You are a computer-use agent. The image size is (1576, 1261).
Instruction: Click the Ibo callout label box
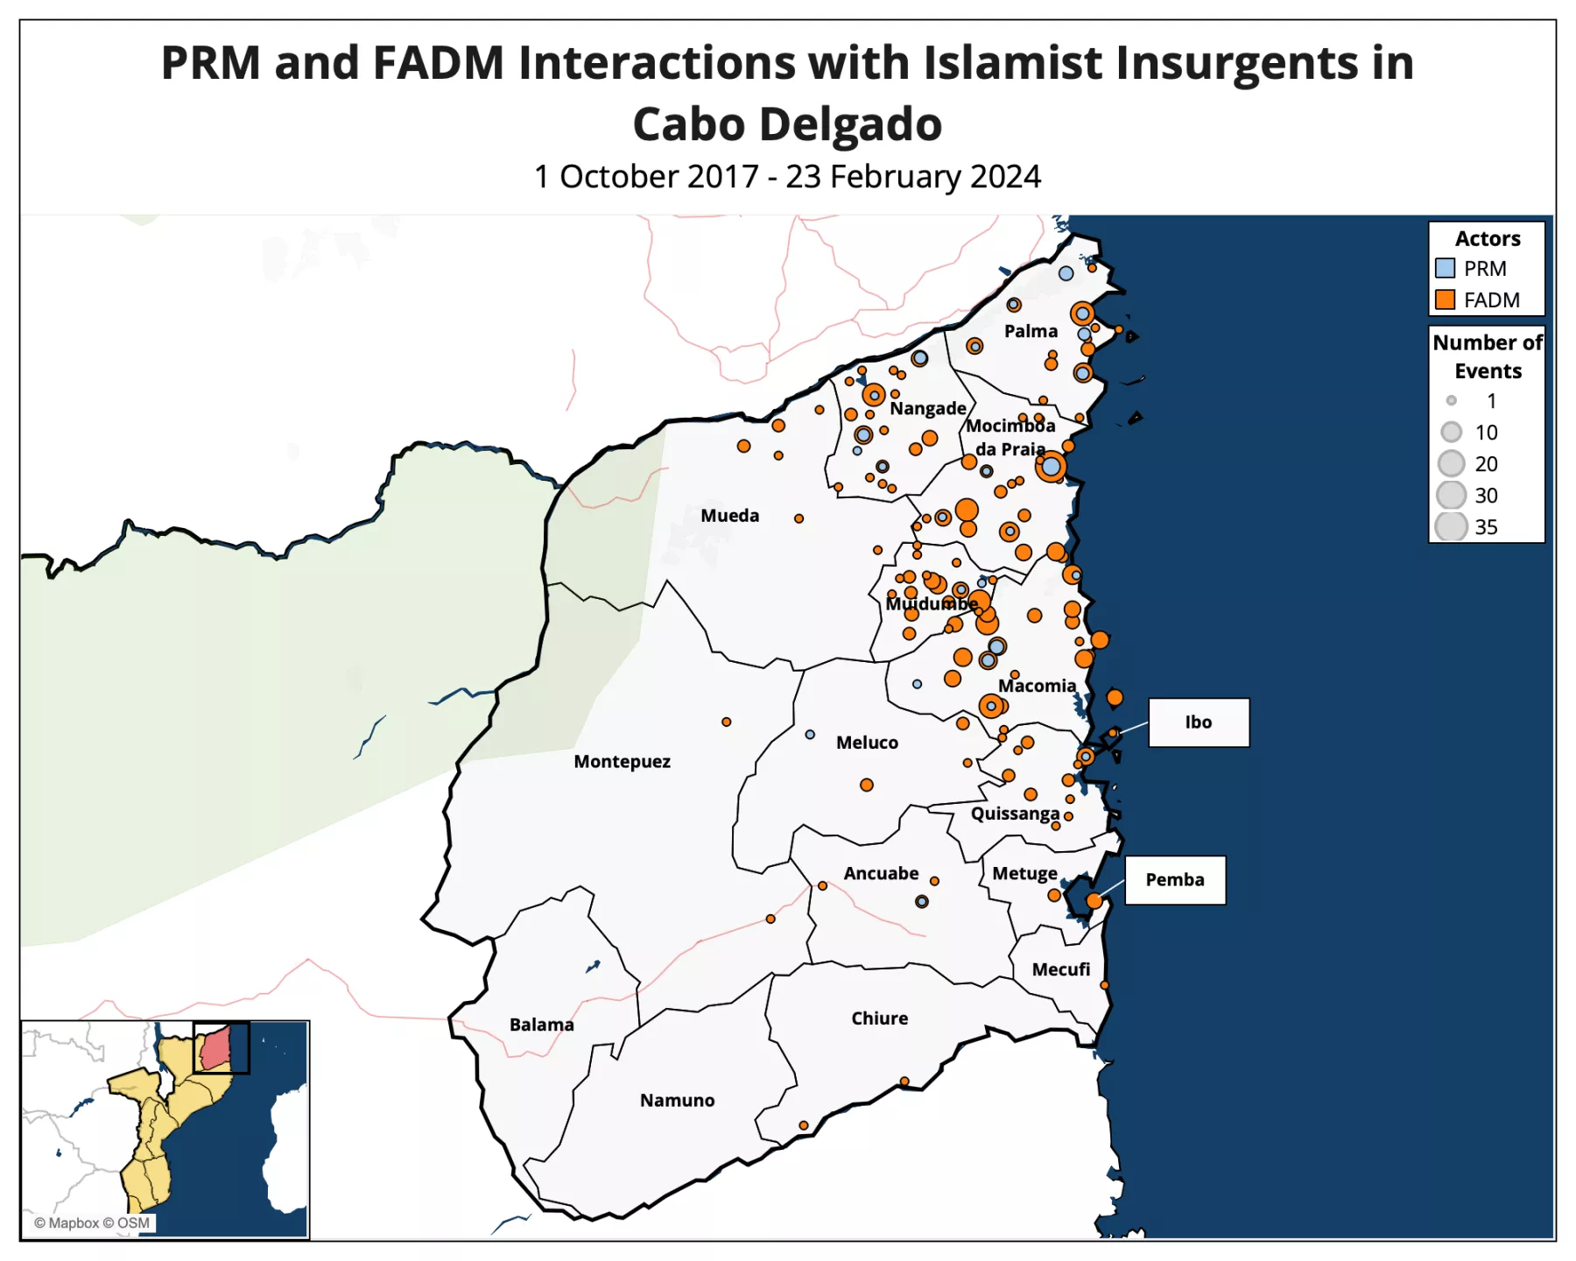pyautogui.click(x=1198, y=722)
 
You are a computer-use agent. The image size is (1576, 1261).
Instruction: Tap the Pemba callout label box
pyautogui.click(x=1174, y=880)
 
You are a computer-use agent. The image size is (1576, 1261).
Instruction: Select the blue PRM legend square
pyautogui.click(x=1445, y=268)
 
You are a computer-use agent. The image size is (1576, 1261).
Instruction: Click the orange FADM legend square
pyautogui.click(x=1445, y=299)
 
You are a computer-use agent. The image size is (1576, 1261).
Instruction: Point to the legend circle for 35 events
pyautogui.click(x=1451, y=527)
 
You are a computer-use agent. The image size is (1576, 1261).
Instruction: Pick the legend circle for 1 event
pyautogui.click(x=1451, y=401)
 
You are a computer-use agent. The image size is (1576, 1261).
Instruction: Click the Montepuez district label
pyautogui.click(x=622, y=762)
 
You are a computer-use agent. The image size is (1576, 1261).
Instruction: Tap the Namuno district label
pyautogui.click(x=677, y=1101)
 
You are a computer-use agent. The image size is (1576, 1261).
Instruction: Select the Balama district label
pyautogui.click(x=541, y=1025)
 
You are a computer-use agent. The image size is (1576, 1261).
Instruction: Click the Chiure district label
pyautogui.click(x=879, y=1018)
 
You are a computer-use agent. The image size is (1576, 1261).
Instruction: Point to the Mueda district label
pyautogui.click(x=729, y=516)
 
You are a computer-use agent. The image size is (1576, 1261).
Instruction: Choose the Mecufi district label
pyautogui.click(x=1060, y=969)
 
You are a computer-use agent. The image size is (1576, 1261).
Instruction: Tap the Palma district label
pyautogui.click(x=1031, y=331)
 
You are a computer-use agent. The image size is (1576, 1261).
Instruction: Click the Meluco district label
pyautogui.click(x=867, y=743)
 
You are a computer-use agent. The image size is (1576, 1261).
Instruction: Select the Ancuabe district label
pyautogui.click(x=881, y=873)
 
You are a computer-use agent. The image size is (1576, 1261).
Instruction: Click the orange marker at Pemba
pyautogui.click(x=1094, y=901)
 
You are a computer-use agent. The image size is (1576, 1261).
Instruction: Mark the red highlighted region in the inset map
pyautogui.click(x=215, y=1048)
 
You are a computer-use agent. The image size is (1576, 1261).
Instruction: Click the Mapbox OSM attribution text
pyautogui.click(x=92, y=1223)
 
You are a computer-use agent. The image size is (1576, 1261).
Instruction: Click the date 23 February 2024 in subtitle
pyautogui.click(x=912, y=177)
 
